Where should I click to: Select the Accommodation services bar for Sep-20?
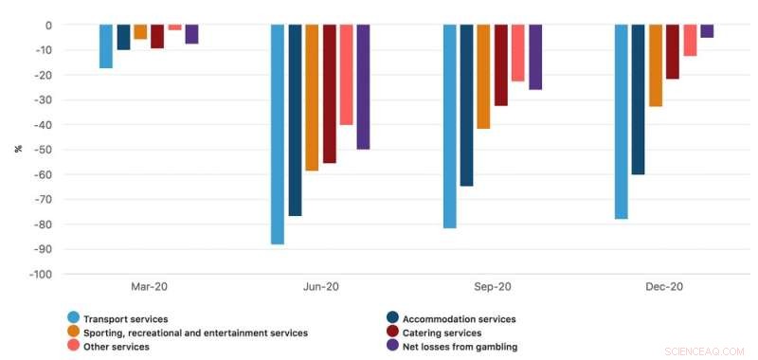pos(466,105)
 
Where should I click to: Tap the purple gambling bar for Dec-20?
pos(707,31)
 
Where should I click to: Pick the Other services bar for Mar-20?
pos(174,27)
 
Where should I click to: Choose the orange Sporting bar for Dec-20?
pos(656,65)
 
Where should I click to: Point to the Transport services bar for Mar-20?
pos(106,46)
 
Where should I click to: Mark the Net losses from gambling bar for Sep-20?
pos(535,57)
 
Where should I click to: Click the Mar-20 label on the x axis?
pos(149,287)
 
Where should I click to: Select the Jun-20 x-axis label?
pos(320,287)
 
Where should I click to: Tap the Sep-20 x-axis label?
pos(492,287)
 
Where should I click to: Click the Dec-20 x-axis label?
pos(664,287)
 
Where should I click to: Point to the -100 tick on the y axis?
pos(41,275)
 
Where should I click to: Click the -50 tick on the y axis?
pos(44,150)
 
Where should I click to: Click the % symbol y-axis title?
pos(17,149)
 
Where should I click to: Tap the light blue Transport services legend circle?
pos(73,319)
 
